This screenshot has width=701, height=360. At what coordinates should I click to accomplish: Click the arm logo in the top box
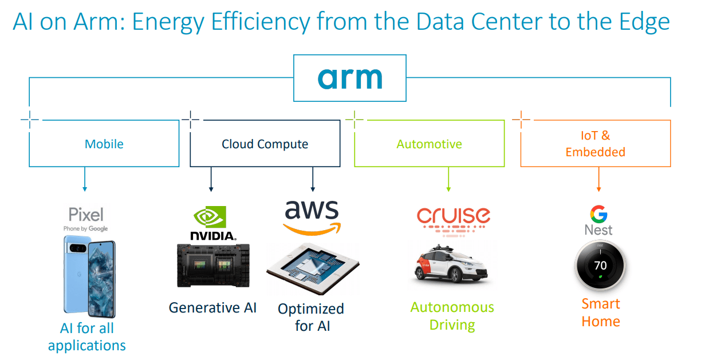tap(350, 78)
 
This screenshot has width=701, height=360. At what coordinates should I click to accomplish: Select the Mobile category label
tap(104, 144)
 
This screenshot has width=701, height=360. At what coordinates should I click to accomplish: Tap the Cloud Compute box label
tap(265, 144)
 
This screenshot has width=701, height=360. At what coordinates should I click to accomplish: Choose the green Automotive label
tap(429, 144)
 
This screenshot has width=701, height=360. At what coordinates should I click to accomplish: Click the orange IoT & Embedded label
tap(595, 144)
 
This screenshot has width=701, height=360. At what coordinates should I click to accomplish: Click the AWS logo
tap(312, 217)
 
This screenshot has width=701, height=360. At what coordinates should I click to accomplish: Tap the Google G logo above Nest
tap(598, 213)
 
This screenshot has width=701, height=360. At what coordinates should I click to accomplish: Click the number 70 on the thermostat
tap(600, 266)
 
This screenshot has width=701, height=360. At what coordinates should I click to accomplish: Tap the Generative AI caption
tap(212, 308)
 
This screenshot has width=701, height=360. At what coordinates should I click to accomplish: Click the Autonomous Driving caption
tap(452, 316)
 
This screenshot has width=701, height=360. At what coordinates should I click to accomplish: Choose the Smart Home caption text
tap(601, 312)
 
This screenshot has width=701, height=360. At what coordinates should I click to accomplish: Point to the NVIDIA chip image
tap(213, 264)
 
